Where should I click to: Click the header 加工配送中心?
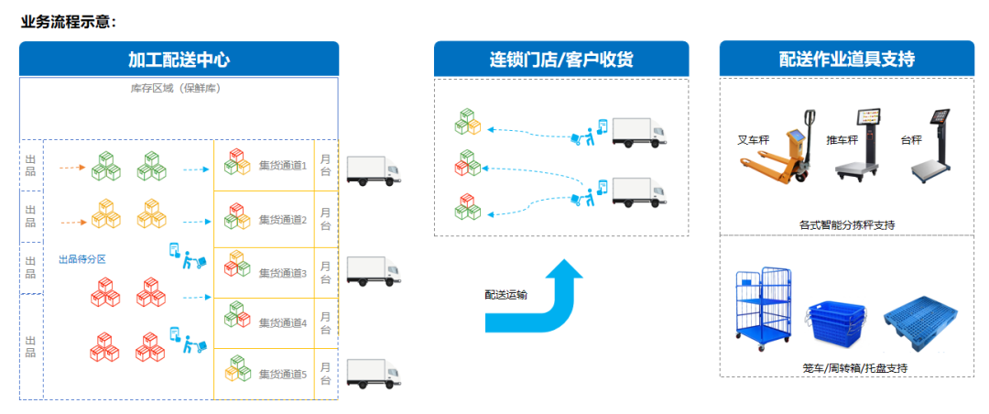point(179,60)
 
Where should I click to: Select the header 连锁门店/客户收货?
point(560,60)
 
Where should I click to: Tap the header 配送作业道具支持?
point(846,60)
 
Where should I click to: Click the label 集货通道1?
point(282,166)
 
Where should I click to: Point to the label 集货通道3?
point(282,273)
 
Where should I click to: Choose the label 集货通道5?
point(282,374)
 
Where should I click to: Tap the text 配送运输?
point(506,295)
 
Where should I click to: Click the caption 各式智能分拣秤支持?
point(846,224)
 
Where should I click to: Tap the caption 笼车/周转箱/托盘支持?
point(846,368)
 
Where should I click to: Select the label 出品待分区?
point(82,259)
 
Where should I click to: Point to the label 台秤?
point(909,141)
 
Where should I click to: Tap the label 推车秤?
point(842,141)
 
